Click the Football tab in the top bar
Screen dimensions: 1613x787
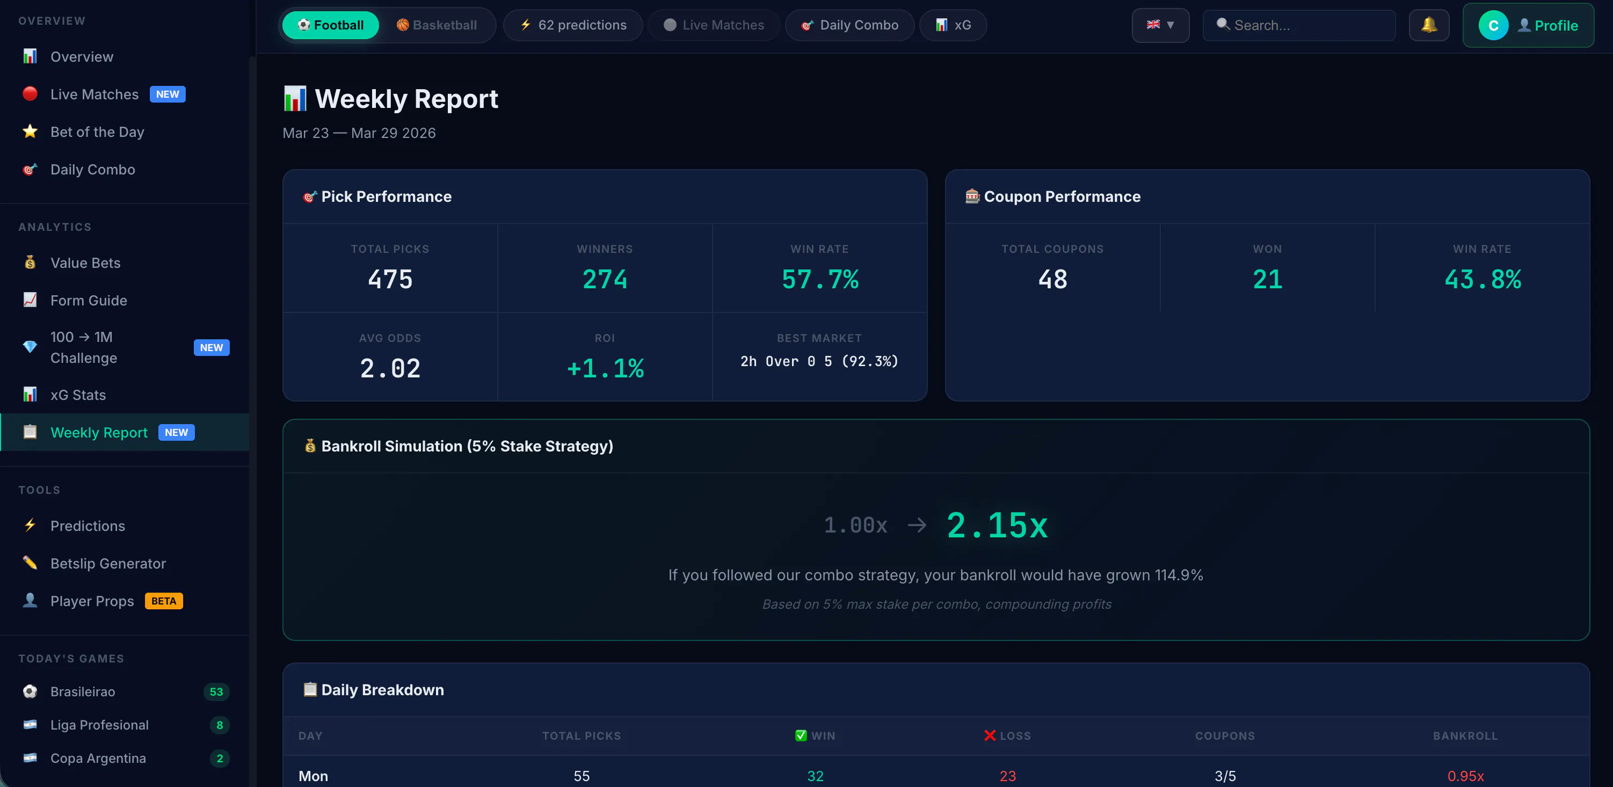[330, 25]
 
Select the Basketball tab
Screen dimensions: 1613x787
[437, 25]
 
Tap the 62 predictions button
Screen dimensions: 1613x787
[573, 25]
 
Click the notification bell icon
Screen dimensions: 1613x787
[1429, 25]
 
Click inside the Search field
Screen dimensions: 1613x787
[1299, 25]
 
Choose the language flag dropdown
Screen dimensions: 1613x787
[1160, 25]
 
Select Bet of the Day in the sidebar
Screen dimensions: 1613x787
[97, 132]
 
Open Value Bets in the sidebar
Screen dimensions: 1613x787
[85, 263]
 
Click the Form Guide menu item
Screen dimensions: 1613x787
[88, 301]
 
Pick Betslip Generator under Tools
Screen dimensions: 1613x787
[108, 564]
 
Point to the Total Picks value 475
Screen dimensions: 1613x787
[390, 279]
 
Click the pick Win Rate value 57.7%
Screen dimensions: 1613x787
[819, 279]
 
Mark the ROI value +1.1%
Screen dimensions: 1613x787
[605, 368]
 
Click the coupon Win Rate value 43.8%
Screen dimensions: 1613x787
[1482, 279]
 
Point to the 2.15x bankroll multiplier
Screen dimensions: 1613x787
[997, 524]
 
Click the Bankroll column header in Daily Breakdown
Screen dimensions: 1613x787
[1465, 735]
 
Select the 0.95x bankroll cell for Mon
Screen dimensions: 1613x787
[1465, 776]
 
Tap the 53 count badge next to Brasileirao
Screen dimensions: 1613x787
[216, 692]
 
